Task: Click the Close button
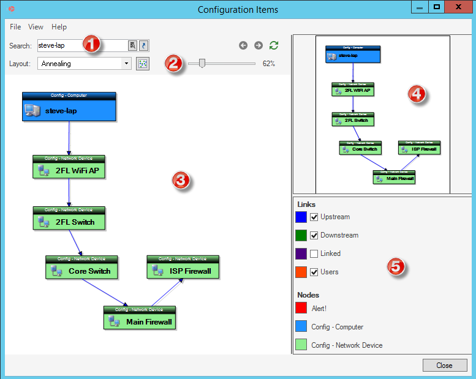coord(445,366)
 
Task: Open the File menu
coord(15,27)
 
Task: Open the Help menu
coord(59,27)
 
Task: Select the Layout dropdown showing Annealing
coord(84,64)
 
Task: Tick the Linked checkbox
coord(314,253)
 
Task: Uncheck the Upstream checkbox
coord(314,217)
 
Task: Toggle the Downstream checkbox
coord(314,235)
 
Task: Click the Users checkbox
coord(314,272)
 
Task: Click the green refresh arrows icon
coord(274,45)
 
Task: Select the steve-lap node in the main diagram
coord(69,110)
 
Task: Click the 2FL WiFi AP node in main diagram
coord(69,170)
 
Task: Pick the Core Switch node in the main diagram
coord(81,270)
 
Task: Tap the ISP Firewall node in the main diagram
coord(183,270)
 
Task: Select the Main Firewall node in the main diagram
coord(140,321)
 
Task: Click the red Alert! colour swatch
coord(301,308)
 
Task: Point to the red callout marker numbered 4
coord(418,95)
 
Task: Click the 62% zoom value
coord(269,64)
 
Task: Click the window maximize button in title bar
coord(437,7)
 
